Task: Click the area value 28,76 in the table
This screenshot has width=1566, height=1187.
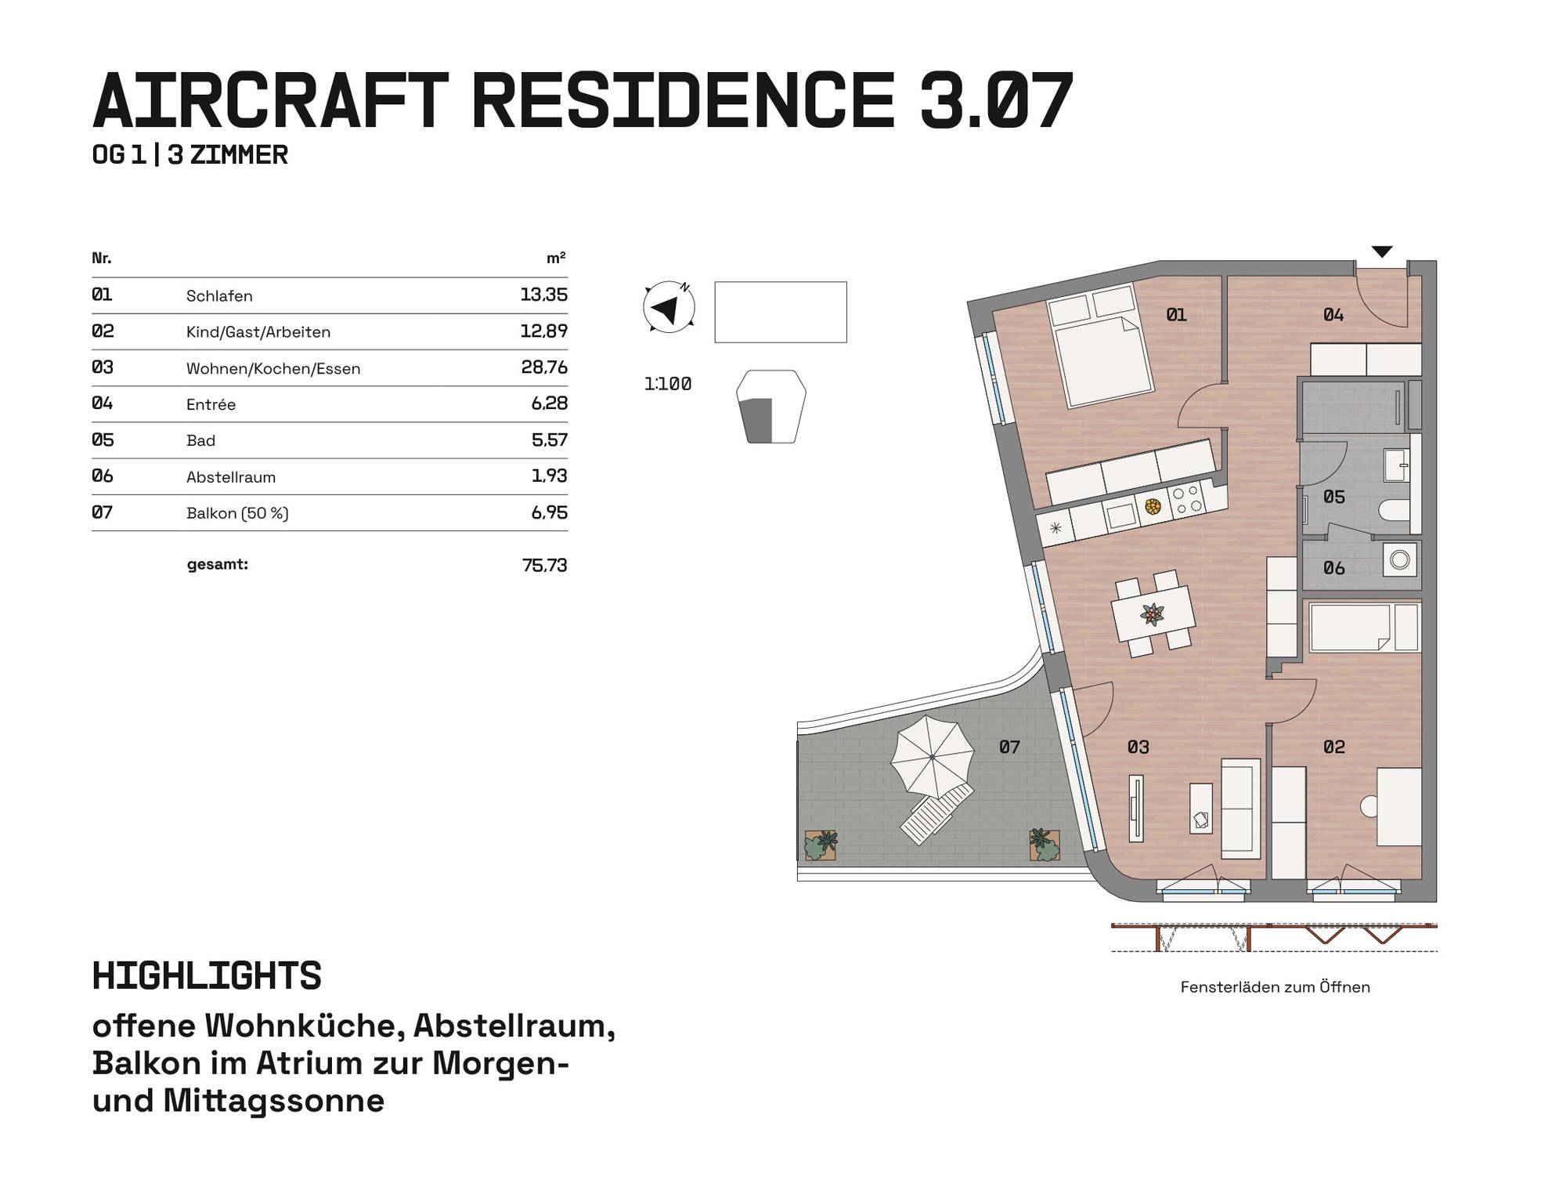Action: coord(544,367)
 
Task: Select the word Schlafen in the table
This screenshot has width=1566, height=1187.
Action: coord(219,296)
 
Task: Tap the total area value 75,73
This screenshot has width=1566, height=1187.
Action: coord(544,565)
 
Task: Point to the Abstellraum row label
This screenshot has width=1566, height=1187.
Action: coord(231,477)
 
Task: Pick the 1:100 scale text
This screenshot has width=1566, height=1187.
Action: coord(668,384)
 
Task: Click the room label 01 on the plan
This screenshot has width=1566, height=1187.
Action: coord(1176,315)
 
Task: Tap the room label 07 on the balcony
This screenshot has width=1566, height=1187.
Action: coord(1009,747)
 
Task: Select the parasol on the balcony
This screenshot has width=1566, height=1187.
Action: coord(933,756)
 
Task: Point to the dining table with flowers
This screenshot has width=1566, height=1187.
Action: coord(1153,614)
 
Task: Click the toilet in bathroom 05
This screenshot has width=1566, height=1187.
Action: coord(1394,512)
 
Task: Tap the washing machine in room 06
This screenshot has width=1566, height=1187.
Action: coord(1400,560)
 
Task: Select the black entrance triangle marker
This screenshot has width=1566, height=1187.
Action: coord(1382,252)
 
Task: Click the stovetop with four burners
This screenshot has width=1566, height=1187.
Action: coord(1187,500)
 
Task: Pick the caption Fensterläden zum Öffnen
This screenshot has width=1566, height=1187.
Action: coord(1275,987)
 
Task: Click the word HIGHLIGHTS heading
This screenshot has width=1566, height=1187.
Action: coord(207,976)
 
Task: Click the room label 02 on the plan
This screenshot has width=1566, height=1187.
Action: coord(1334,747)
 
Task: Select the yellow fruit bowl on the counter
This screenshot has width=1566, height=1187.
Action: coord(1153,507)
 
